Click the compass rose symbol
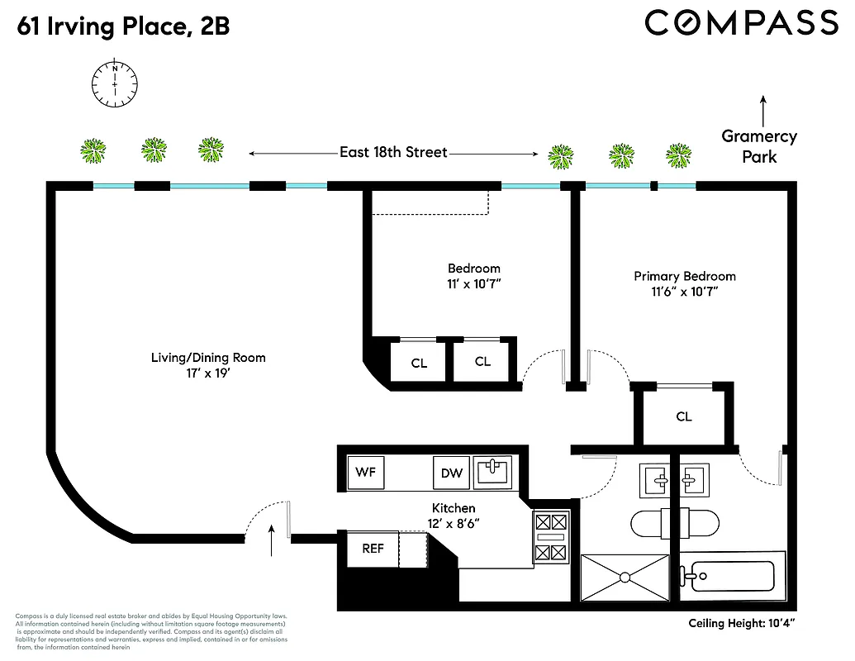point(115,83)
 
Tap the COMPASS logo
point(741,22)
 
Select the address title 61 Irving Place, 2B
point(122,27)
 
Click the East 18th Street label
point(393,152)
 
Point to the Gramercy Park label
point(758,146)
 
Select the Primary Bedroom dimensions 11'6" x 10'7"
point(684,292)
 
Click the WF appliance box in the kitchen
point(365,473)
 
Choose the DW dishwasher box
point(452,473)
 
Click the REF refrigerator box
point(373,549)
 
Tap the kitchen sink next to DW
point(494,472)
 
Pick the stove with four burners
point(551,538)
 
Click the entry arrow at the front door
point(272,543)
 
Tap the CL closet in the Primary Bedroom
point(683,416)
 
